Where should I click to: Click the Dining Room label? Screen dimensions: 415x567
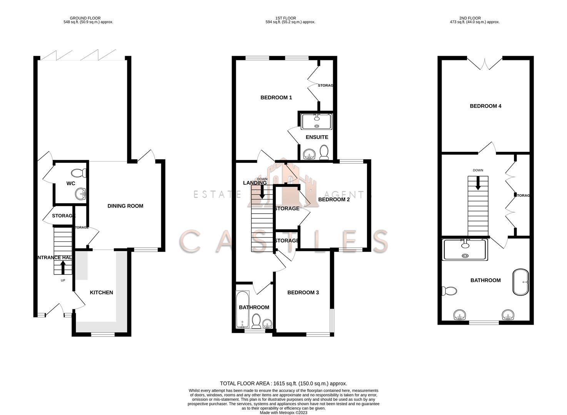pos(125,206)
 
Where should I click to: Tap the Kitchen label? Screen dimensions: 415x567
pos(101,292)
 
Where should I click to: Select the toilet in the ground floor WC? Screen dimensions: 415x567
pos(79,173)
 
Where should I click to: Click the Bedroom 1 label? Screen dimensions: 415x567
pos(276,98)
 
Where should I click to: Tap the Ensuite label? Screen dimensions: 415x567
pos(317,137)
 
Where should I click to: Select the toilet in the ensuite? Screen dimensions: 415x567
pos(324,153)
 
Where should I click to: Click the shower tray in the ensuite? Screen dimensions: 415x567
pos(317,121)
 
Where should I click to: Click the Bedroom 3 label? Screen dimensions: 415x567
pos(303,292)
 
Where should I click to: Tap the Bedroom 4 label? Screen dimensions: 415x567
pos(485,106)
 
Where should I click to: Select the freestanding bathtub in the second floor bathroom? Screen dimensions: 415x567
pos(521,282)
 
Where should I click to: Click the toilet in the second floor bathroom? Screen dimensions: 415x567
pos(449,291)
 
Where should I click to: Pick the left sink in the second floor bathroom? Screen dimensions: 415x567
pos(460,315)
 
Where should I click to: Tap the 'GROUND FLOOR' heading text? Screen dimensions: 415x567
pos(85,18)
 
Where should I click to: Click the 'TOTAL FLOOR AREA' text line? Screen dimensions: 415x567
pos(283,383)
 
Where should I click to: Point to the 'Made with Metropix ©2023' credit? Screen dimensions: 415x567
pos(283,413)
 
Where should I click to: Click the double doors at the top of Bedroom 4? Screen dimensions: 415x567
pos(485,63)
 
